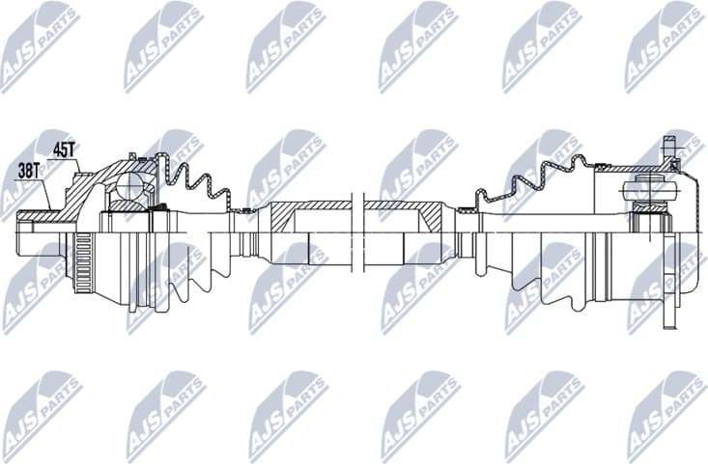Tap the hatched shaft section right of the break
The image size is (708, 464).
click(406, 209)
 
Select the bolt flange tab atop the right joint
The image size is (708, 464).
click(666, 150)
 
